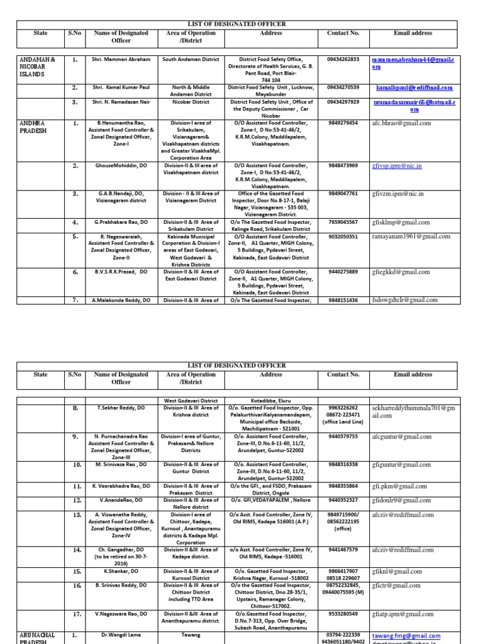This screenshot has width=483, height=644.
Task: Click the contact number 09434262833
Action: tap(343, 60)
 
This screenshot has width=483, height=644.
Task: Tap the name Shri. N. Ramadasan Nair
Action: tap(121, 102)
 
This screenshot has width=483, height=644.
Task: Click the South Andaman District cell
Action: tap(191, 60)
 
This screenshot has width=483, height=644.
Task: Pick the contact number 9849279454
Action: tap(343, 123)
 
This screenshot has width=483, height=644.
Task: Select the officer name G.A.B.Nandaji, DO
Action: tap(121, 194)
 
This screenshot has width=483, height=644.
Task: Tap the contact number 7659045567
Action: tap(343, 222)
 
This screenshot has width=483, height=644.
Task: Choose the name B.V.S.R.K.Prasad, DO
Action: tap(121, 272)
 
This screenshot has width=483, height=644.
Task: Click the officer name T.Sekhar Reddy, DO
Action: tap(121, 408)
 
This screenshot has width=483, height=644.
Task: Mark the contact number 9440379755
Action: tap(343, 436)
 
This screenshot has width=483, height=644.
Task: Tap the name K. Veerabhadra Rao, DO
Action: tap(121, 486)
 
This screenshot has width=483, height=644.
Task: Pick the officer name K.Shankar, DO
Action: tap(121, 571)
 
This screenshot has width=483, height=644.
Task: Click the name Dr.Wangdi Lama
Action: tap(121, 635)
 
